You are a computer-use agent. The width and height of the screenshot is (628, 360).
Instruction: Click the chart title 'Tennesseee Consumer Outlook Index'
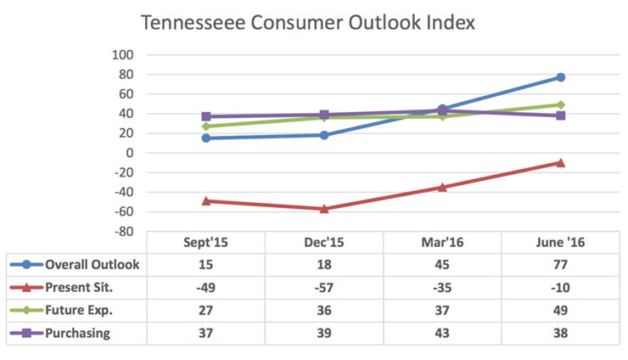pyautogui.click(x=307, y=22)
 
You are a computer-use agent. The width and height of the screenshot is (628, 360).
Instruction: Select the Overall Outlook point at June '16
pyautogui.click(x=561, y=77)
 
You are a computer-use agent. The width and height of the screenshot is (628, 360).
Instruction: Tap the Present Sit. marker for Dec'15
pyautogui.click(x=324, y=209)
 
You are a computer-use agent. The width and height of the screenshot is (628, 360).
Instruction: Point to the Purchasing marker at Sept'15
pyautogui.click(x=206, y=116)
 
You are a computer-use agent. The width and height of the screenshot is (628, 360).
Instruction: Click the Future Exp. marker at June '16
pyautogui.click(x=561, y=105)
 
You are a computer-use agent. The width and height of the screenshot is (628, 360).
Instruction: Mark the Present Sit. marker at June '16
pyautogui.click(x=561, y=162)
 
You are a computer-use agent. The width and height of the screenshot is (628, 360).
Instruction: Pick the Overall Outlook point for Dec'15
pyautogui.click(x=324, y=135)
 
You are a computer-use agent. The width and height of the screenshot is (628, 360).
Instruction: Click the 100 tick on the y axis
pyautogui.click(x=123, y=55)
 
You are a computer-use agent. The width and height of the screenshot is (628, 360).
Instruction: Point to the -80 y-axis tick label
pyautogui.click(x=123, y=231)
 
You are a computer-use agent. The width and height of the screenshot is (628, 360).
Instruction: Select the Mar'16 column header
pyautogui.click(x=442, y=242)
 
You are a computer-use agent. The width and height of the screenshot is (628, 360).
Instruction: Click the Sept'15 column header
pyautogui.click(x=206, y=242)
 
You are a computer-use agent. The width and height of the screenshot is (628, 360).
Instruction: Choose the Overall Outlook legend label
pyautogui.click(x=92, y=264)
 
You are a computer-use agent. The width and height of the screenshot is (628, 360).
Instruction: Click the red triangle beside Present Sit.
pyautogui.click(x=28, y=287)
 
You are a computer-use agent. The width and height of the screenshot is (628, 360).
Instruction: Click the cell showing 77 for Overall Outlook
pyautogui.click(x=561, y=264)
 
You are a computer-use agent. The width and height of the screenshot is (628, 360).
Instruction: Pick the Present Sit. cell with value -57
pyautogui.click(x=324, y=287)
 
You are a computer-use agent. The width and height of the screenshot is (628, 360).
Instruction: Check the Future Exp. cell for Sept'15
pyautogui.click(x=206, y=310)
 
